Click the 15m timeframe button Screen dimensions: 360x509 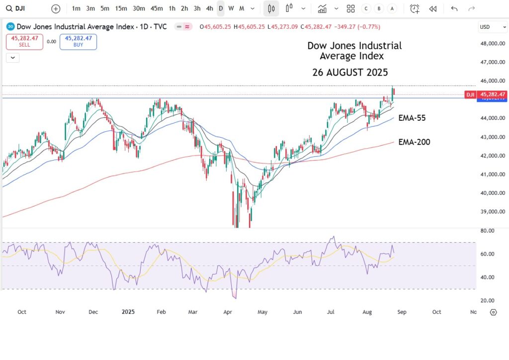pyautogui.click(x=120, y=8)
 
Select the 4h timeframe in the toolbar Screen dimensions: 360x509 pyautogui.click(x=209, y=8)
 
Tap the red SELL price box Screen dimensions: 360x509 pyautogui.click(x=24, y=42)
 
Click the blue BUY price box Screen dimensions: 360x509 pyautogui.click(x=78, y=42)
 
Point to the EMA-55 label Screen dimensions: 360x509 pyautogui.click(x=412, y=118)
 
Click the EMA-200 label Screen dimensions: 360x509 pyautogui.click(x=414, y=142)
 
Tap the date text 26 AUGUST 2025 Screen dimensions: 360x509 pyautogui.click(x=350, y=72)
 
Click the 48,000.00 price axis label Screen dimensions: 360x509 pyautogui.click(x=494, y=44)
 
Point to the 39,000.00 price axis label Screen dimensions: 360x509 pyautogui.click(x=494, y=212)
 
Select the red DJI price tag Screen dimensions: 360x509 pyautogui.click(x=470, y=94)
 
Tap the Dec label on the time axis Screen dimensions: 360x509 pyautogui.click(x=93, y=312)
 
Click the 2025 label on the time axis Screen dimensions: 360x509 pyautogui.click(x=128, y=312)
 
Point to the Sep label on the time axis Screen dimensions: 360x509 pyautogui.click(x=402, y=312)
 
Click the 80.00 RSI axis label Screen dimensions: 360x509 pyautogui.click(x=488, y=231)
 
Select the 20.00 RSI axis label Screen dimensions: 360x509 pyautogui.click(x=488, y=300)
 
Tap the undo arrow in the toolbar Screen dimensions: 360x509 pyautogui.click(x=454, y=8)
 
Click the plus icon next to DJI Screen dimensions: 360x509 pyautogui.click(x=56, y=8)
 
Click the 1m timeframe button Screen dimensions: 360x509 pyautogui.click(x=76, y=8)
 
